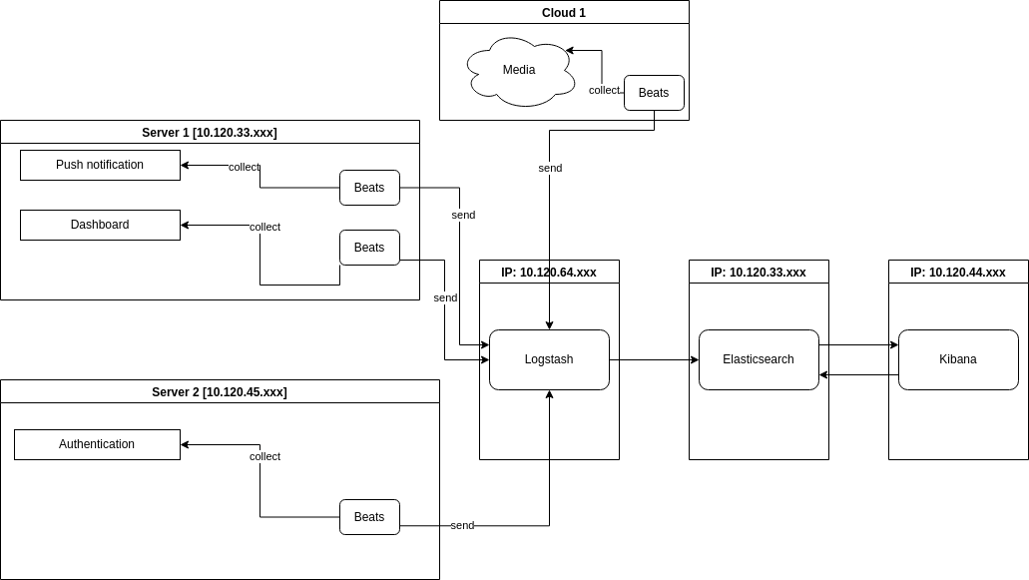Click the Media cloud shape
point(519,70)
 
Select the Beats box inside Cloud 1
point(654,93)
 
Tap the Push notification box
point(100,165)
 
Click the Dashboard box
point(100,225)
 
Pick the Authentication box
point(97,444)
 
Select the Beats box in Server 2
point(369,517)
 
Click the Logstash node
point(549,359)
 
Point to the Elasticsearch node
point(759,359)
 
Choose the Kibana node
point(958,359)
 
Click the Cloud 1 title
point(564,13)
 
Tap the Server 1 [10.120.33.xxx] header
point(210,133)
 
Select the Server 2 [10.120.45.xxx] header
point(220,392)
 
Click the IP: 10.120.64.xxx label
point(549,273)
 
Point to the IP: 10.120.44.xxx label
point(958,273)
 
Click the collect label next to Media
point(604,90)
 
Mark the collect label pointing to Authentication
point(264,456)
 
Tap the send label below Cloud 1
point(550,168)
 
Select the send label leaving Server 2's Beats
point(462,525)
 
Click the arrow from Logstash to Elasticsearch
point(654,359)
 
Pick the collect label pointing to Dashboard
point(264,227)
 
